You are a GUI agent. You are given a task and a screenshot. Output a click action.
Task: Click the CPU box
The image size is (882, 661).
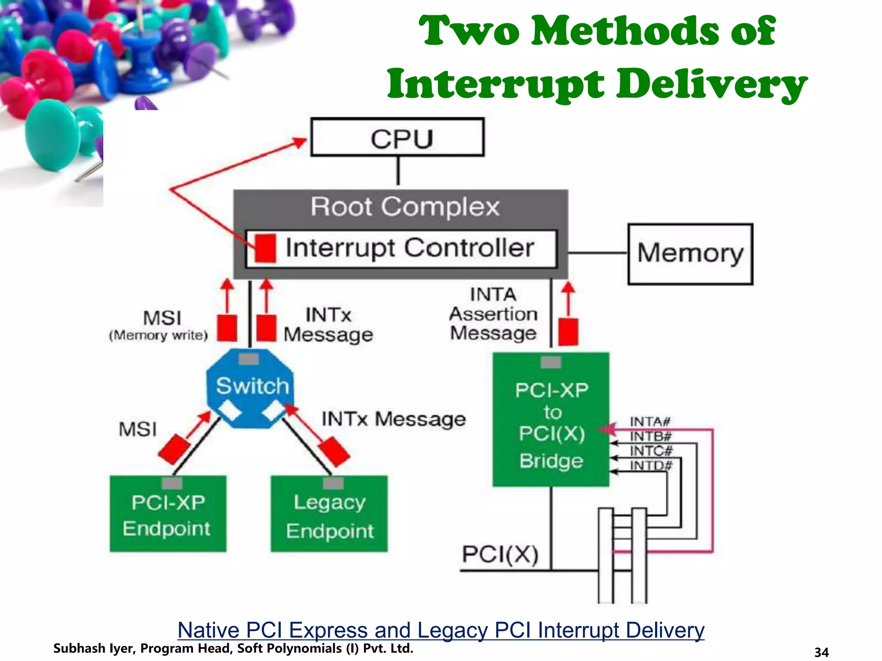coord(397,137)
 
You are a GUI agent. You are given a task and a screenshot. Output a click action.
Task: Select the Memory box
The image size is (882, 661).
coord(690,253)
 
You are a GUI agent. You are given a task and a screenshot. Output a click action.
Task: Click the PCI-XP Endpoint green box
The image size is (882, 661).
coord(168,515)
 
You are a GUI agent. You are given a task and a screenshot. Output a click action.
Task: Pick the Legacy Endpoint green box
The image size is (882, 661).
coord(329,515)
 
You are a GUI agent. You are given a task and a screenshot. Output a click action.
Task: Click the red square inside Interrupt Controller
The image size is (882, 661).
coord(265,248)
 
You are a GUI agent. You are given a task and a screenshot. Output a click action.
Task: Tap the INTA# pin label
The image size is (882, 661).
coord(650,421)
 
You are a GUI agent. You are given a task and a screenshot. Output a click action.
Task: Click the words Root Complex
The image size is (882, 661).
coord(404,207)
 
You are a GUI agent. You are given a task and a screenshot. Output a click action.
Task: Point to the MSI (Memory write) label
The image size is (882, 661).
coord(159,325)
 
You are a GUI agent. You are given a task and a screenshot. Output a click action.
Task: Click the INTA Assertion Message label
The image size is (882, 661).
coord(493,314)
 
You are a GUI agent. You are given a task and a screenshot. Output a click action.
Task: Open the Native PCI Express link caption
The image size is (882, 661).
coord(441,630)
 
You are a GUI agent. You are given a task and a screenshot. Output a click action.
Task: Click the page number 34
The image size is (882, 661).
coord(821,652)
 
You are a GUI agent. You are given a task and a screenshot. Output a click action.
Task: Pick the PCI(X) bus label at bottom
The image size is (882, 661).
coord(500,555)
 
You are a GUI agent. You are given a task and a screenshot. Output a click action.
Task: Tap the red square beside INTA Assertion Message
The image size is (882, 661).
coord(568,332)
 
